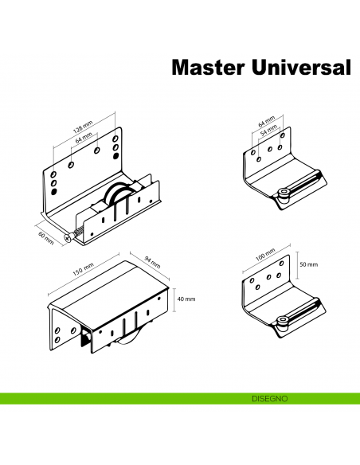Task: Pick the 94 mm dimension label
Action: click(151, 260)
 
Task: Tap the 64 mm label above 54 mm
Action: click(266, 121)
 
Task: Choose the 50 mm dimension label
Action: click(307, 264)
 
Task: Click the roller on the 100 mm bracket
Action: click(283, 322)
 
